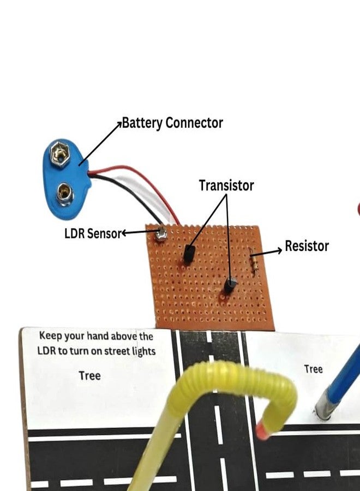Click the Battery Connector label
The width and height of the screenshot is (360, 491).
(172, 123)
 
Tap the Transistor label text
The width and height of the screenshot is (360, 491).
(226, 185)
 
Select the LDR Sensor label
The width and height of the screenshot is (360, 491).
(92, 233)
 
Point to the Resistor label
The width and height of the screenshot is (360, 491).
(307, 246)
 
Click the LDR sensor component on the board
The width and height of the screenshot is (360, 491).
(160, 236)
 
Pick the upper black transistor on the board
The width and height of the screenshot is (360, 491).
(189, 254)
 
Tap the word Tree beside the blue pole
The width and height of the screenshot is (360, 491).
(313, 369)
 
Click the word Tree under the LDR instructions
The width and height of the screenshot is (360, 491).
(89, 375)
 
